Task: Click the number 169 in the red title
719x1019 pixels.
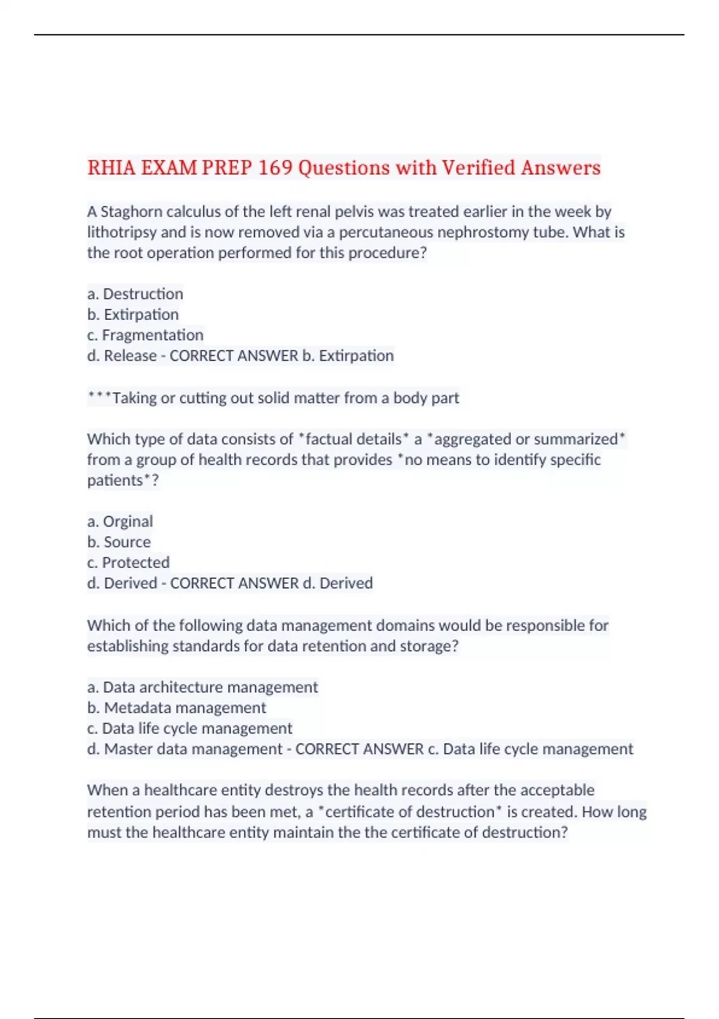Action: [x=276, y=167]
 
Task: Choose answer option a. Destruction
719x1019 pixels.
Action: [x=135, y=294]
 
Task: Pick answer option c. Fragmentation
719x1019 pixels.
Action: [x=146, y=334]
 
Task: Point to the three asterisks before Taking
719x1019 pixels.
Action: [x=99, y=397]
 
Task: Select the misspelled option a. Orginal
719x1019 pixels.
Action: [x=120, y=521]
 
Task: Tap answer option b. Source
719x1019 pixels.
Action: [x=119, y=542]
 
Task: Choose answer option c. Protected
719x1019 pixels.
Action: [x=128, y=562]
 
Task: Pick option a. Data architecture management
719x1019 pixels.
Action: [x=203, y=687]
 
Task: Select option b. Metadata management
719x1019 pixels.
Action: [x=177, y=707]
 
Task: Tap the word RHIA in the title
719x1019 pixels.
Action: [x=111, y=167]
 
